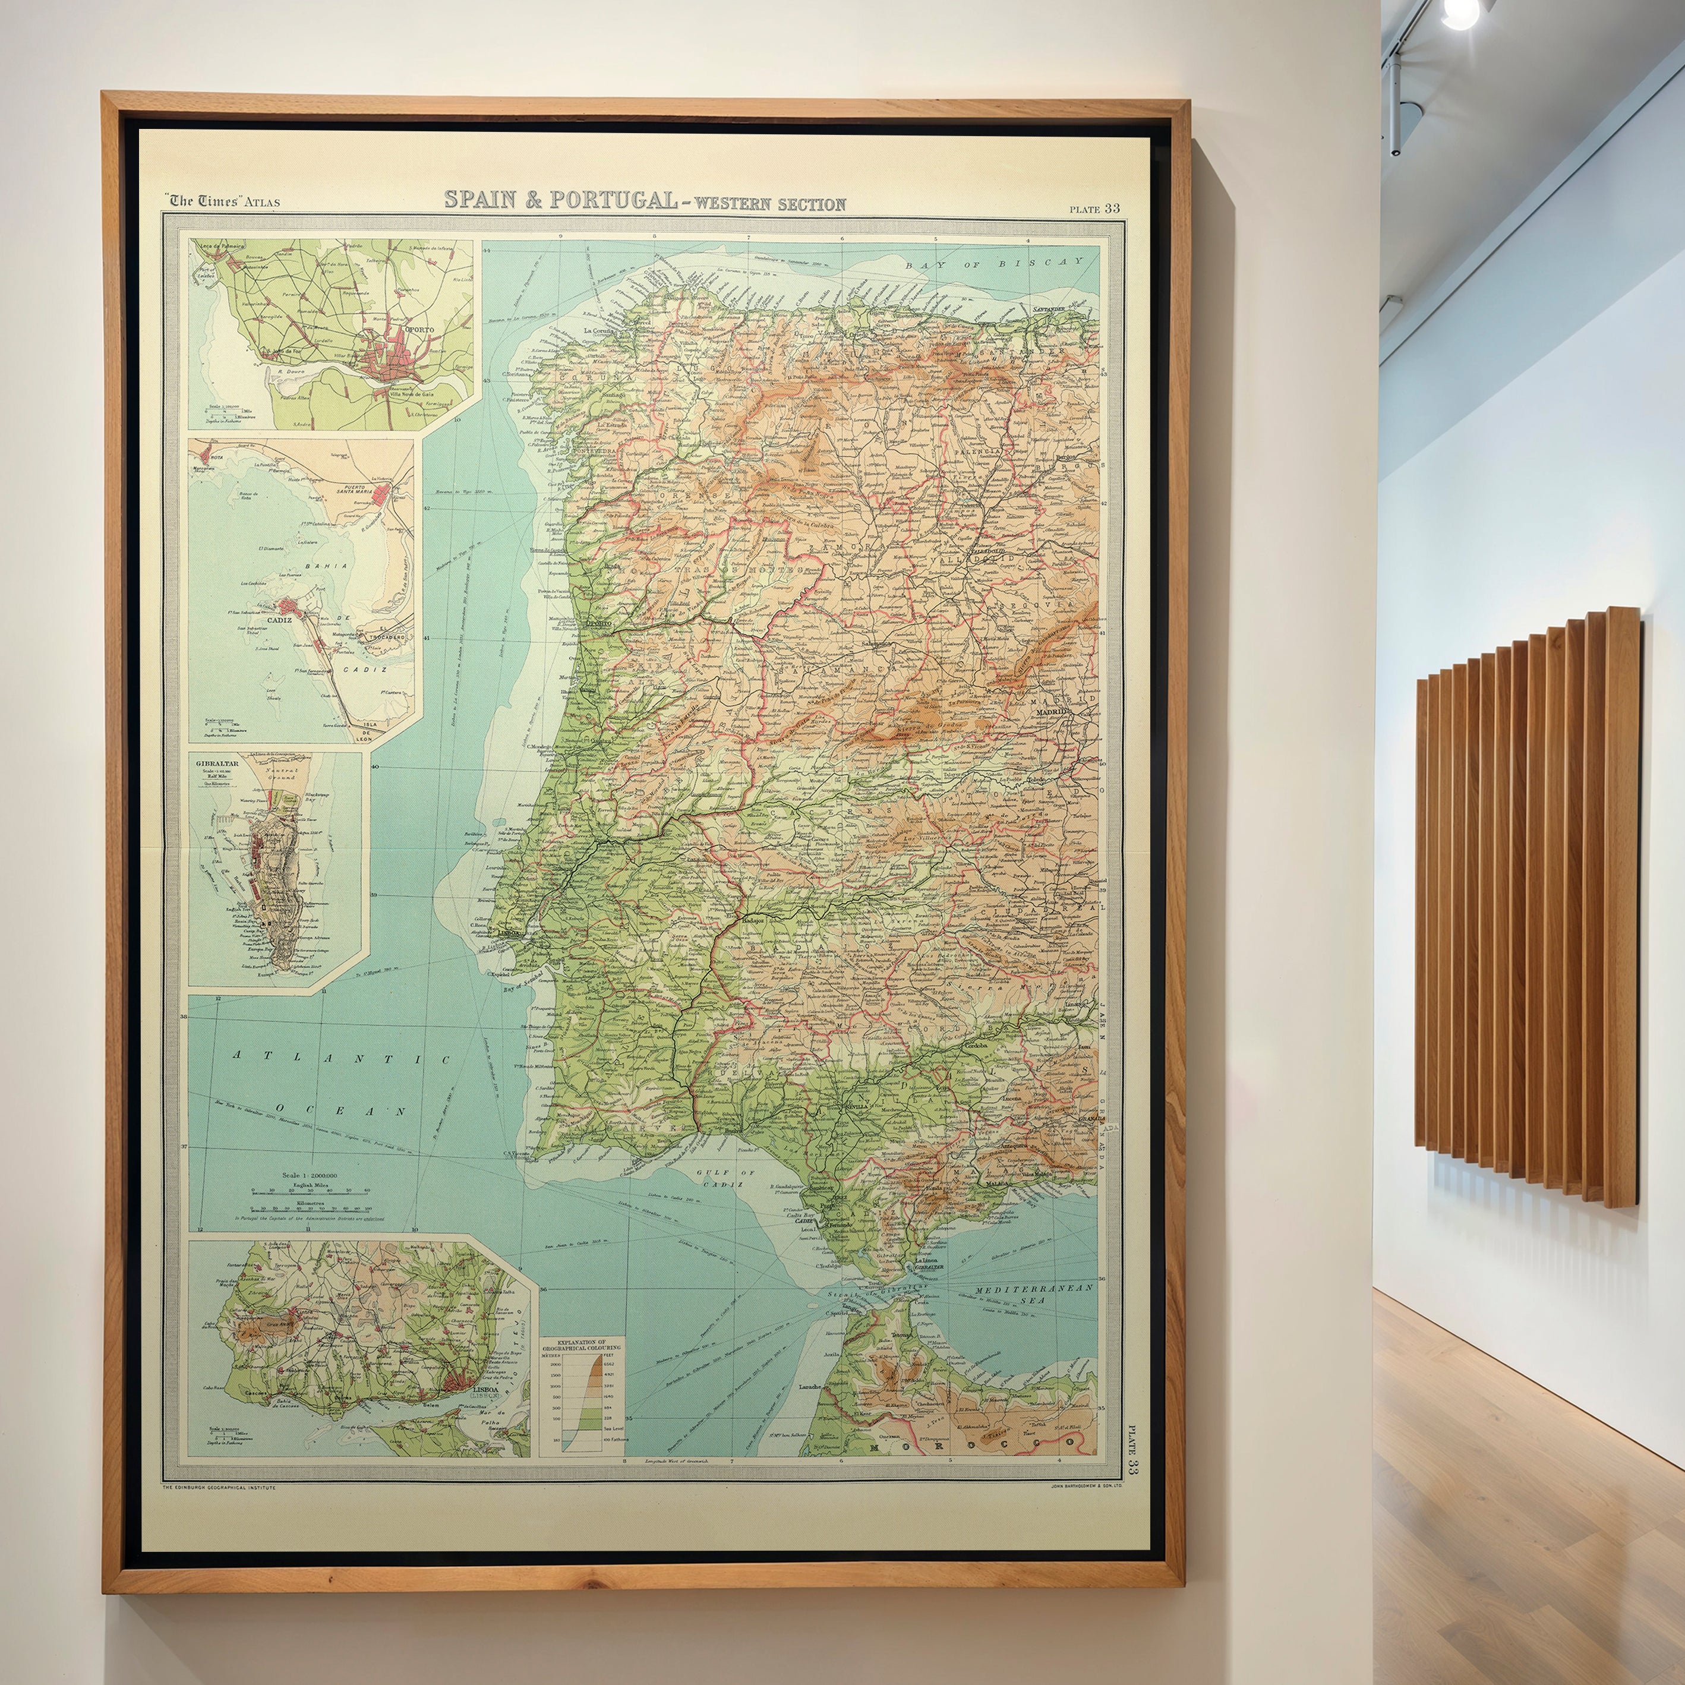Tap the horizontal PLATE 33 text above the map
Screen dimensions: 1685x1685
click(x=1096, y=209)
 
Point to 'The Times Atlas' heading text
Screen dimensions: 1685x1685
click(x=223, y=201)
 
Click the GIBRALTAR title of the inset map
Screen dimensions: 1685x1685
click(x=217, y=763)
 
